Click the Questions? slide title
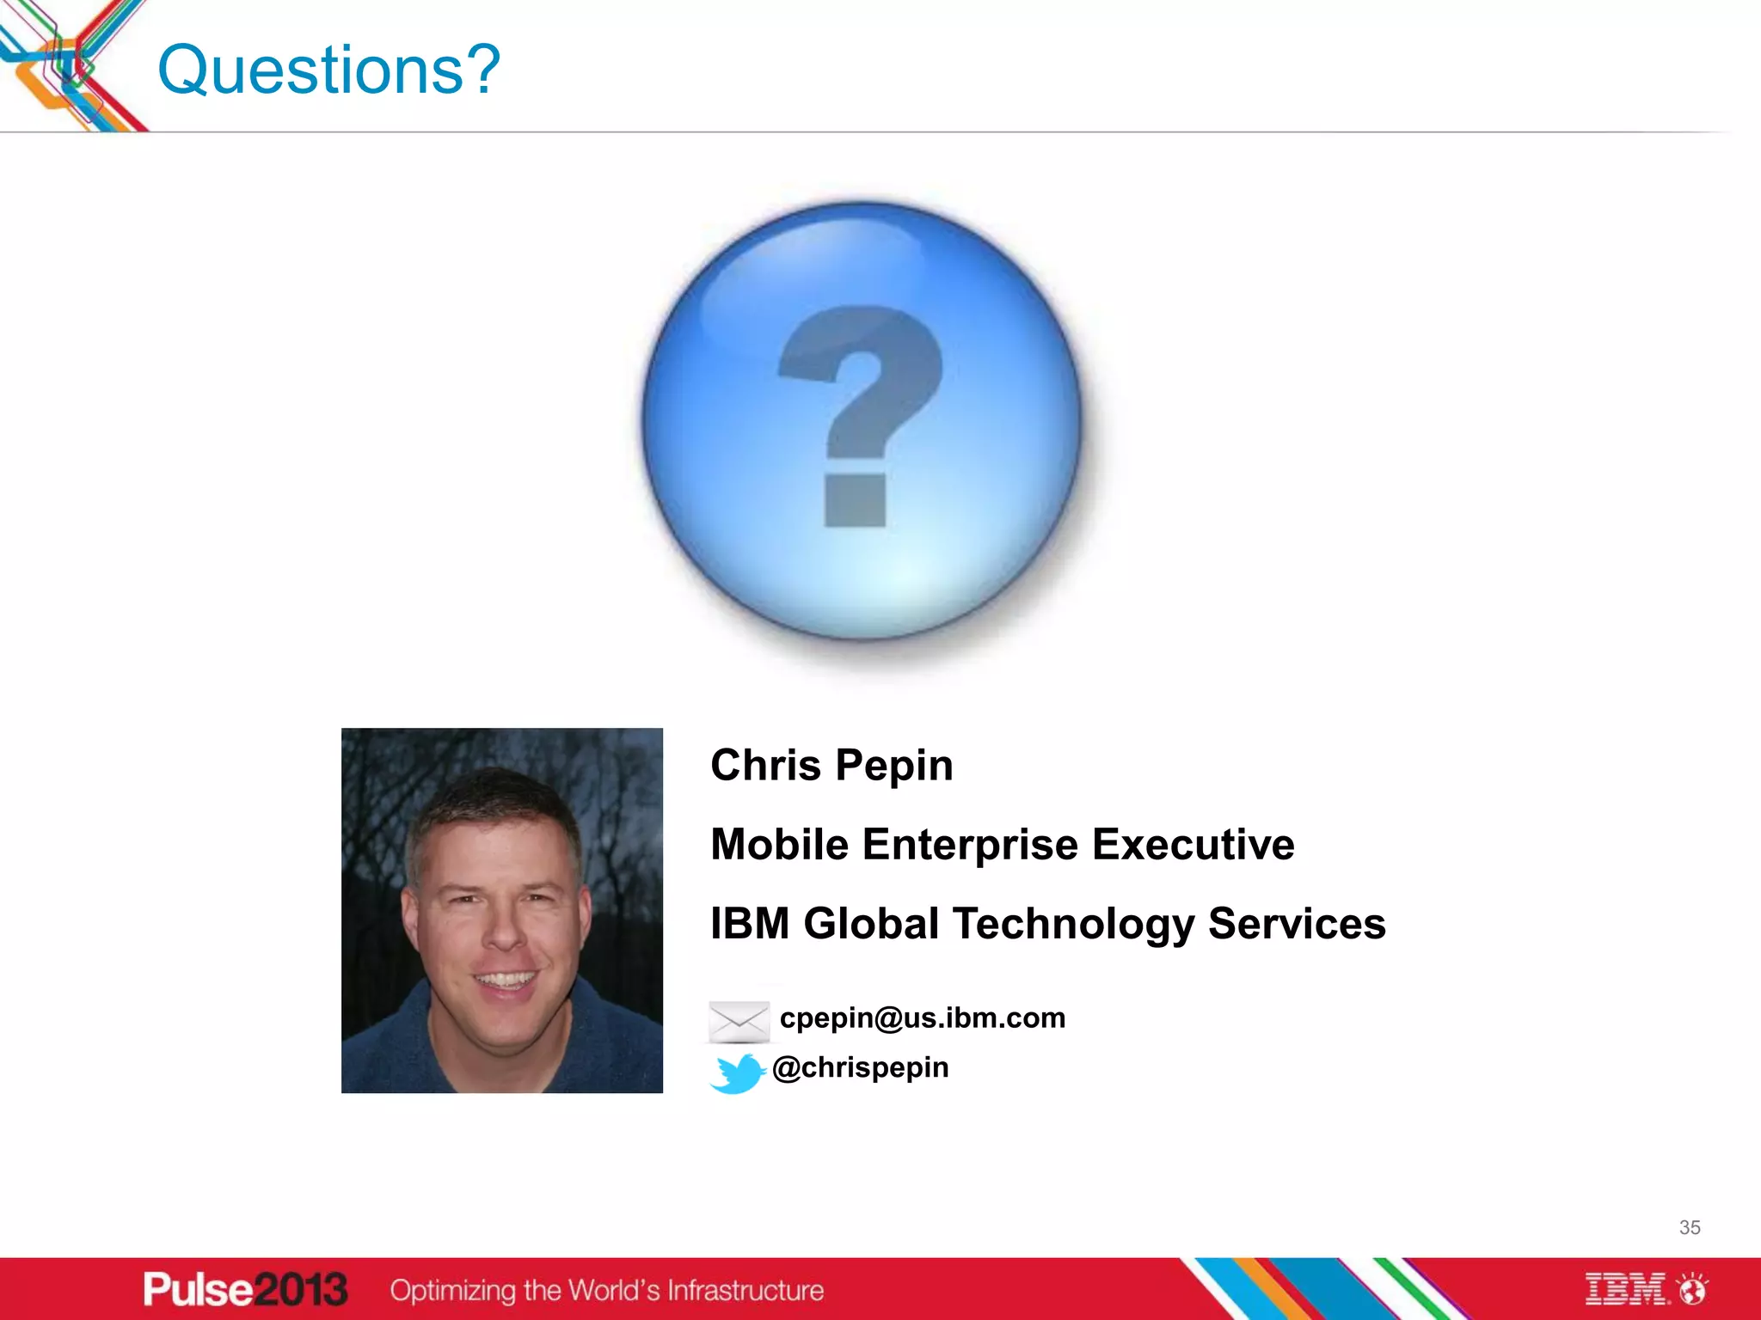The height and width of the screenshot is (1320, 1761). pyautogui.click(x=328, y=70)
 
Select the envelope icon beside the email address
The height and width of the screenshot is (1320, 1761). pyautogui.click(x=739, y=1021)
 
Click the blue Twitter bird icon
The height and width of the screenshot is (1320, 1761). pyautogui.click(x=737, y=1072)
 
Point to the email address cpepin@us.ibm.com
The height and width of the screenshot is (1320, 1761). pyautogui.click(x=922, y=1017)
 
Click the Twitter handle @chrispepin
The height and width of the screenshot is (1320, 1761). pyautogui.click(x=860, y=1067)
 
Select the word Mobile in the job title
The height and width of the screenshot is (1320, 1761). pyautogui.click(x=779, y=844)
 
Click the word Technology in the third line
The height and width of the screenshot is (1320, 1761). pyautogui.click(x=1073, y=925)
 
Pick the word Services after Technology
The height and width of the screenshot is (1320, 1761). pyautogui.click(x=1297, y=924)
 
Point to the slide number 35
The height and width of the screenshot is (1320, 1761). pyautogui.click(x=1689, y=1227)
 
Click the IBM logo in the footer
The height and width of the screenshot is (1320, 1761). pyautogui.click(x=1626, y=1289)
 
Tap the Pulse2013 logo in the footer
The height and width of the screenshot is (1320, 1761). pyautogui.click(x=245, y=1289)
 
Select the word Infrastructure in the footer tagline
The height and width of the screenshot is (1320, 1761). pyautogui.click(x=746, y=1290)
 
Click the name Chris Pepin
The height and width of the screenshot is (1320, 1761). pyautogui.click(x=831, y=765)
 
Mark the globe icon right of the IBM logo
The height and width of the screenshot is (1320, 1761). pyautogui.click(x=1693, y=1289)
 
